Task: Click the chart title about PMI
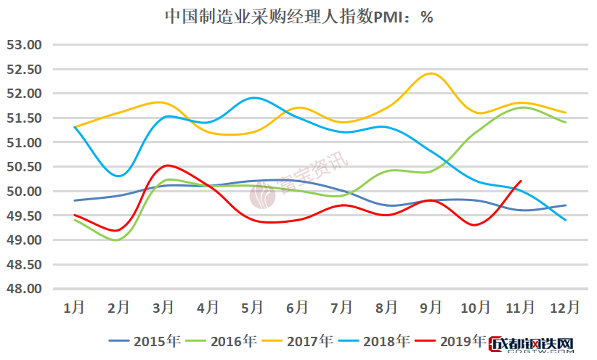click(298, 17)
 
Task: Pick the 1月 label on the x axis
click(74, 308)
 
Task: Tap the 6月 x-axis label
click(297, 308)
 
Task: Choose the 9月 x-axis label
click(431, 308)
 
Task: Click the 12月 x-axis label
click(564, 308)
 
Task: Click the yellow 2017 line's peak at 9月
click(431, 73)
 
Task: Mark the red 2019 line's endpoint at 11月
click(521, 181)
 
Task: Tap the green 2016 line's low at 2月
click(118, 240)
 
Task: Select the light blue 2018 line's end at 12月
click(565, 220)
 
